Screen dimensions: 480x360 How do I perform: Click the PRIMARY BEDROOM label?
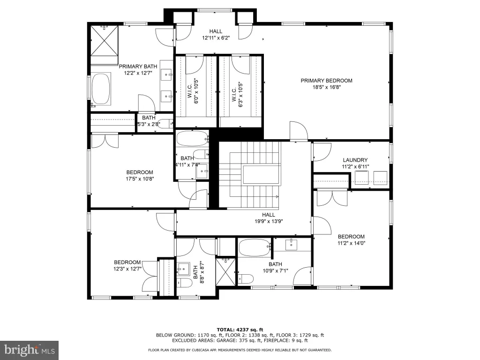[x=326, y=81]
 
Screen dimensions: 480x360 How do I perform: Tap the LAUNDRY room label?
[x=355, y=160]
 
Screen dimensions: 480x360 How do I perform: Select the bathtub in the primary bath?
[x=101, y=89]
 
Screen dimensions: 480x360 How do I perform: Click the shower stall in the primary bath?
[x=104, y=41]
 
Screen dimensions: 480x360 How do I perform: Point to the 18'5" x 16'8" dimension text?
[x=326, y=87]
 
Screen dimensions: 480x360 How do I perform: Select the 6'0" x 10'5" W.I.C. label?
[x=193, y=91]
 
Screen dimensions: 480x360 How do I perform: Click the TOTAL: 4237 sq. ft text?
[x=240, y=330]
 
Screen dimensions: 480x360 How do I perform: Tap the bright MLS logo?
[x=30, y=350]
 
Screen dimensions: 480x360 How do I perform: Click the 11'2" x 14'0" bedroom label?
[x=351, y=240]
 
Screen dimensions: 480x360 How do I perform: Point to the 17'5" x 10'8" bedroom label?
[x=140, y=175]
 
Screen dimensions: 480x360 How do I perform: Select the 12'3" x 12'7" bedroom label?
[x=127, y=265]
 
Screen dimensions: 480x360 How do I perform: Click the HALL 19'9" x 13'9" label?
[x=269, y=218]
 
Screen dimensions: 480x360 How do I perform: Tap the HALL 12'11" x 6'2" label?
[x=216, y=35]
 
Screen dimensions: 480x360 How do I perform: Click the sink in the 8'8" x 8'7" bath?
[x=184, y=269]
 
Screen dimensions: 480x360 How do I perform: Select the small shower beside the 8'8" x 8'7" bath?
[x=226, y=272]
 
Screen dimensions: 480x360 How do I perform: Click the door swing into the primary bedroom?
[x=299, y=131]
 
